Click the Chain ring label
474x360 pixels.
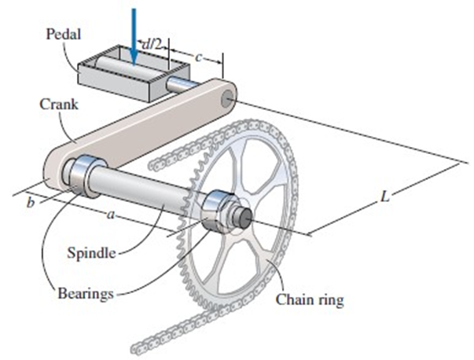point(310,299)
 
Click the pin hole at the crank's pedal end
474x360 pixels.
point(227,99)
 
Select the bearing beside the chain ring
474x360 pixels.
point(216,211)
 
